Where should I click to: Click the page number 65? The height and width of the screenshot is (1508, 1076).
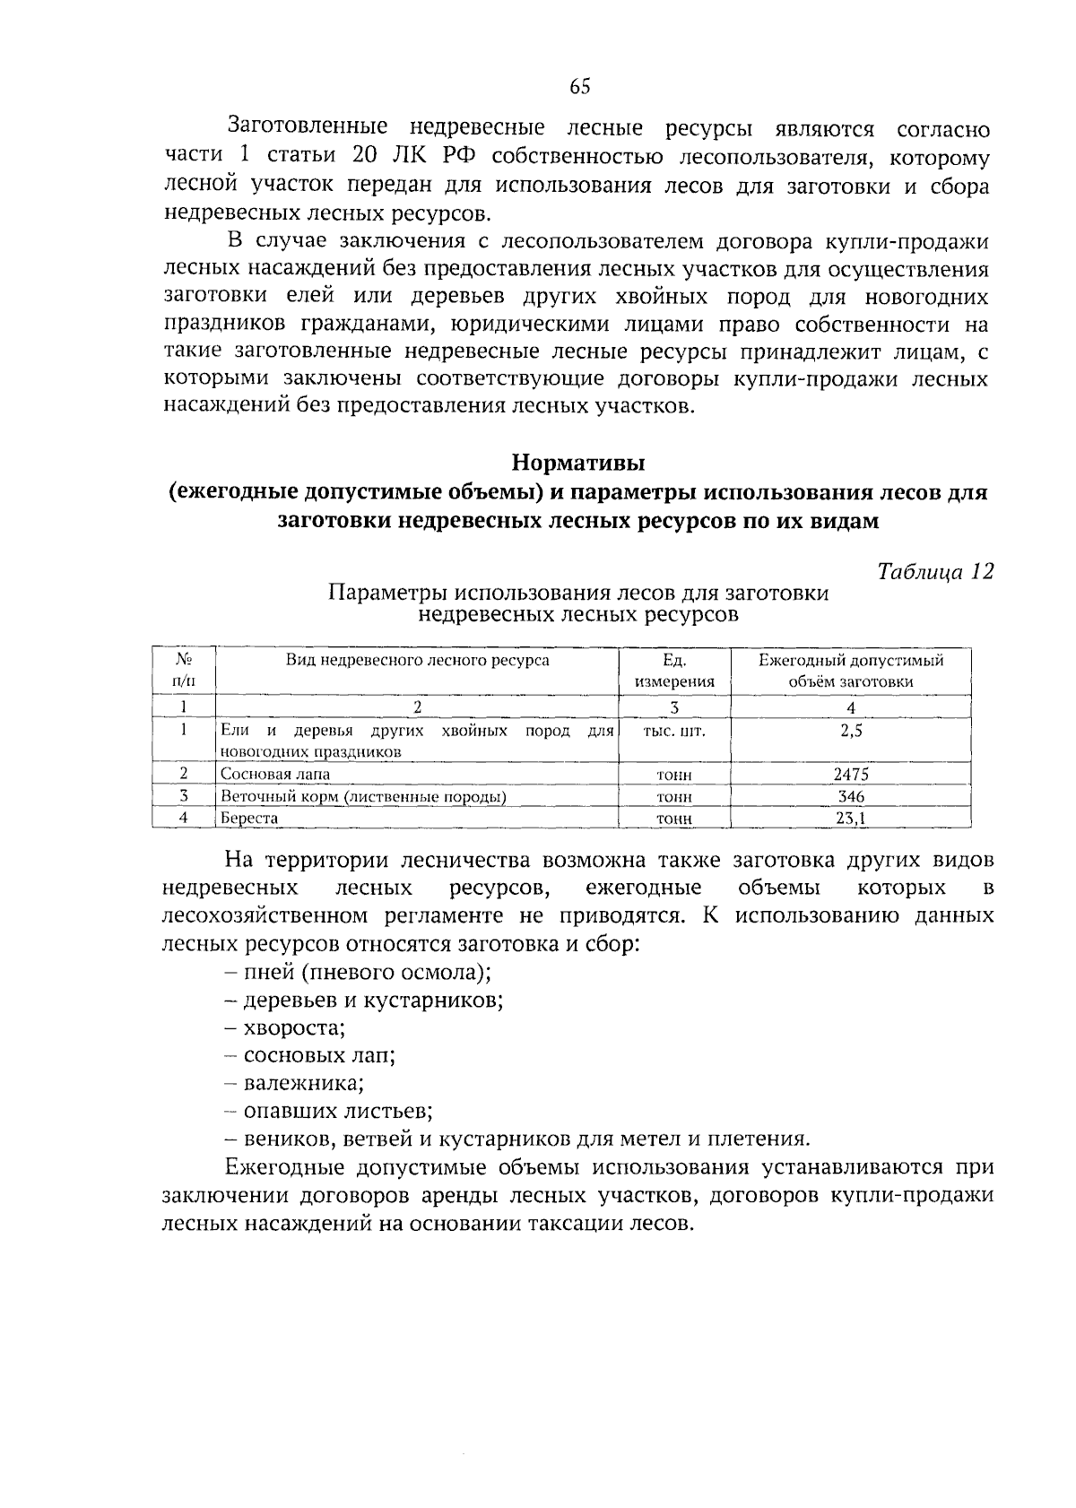pos(579,87)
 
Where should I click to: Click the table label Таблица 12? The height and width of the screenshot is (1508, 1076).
pos(935,572)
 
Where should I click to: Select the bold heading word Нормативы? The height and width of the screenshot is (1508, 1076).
pos(579,464)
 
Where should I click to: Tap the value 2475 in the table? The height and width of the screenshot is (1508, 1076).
pos(850,775)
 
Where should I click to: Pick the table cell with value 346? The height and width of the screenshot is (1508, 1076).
pos(850,796)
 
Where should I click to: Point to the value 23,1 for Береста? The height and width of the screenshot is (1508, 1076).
pos(850,818)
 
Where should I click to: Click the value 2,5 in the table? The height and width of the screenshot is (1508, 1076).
pos(850,731)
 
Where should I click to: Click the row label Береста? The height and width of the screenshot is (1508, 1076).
pos(249,818)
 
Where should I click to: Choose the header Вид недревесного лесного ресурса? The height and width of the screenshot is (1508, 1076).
pos(417,661)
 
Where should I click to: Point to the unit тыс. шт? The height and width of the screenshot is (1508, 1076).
pos(674,731)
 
